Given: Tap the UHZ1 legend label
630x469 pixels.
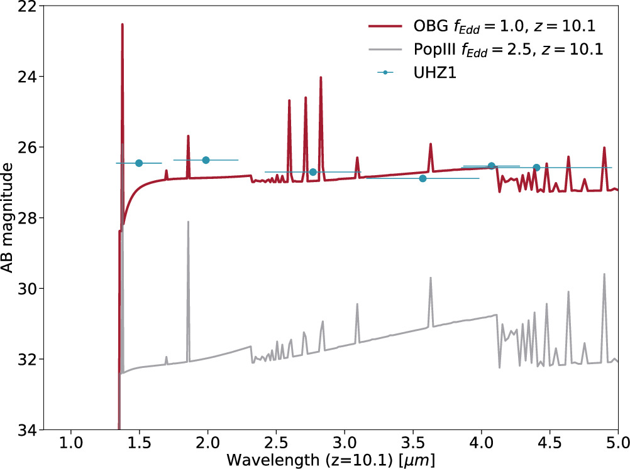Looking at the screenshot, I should pos(434,73).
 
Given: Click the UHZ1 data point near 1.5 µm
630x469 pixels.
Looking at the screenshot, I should pos(139,163).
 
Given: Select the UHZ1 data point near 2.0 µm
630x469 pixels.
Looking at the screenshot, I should pos(206,160).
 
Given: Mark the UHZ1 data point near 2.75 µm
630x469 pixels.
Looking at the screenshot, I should pos(312,172).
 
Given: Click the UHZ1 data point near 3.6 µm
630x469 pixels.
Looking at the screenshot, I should pos(423,178).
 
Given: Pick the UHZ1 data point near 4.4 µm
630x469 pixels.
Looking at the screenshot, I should pos(536,168).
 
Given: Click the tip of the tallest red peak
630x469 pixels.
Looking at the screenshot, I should pos(122,24).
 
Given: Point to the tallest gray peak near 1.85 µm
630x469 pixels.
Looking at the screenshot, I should pos(188,222).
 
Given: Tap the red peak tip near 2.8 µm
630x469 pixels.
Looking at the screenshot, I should pos(321,78).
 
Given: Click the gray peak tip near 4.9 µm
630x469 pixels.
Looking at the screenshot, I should pos(604,274).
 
